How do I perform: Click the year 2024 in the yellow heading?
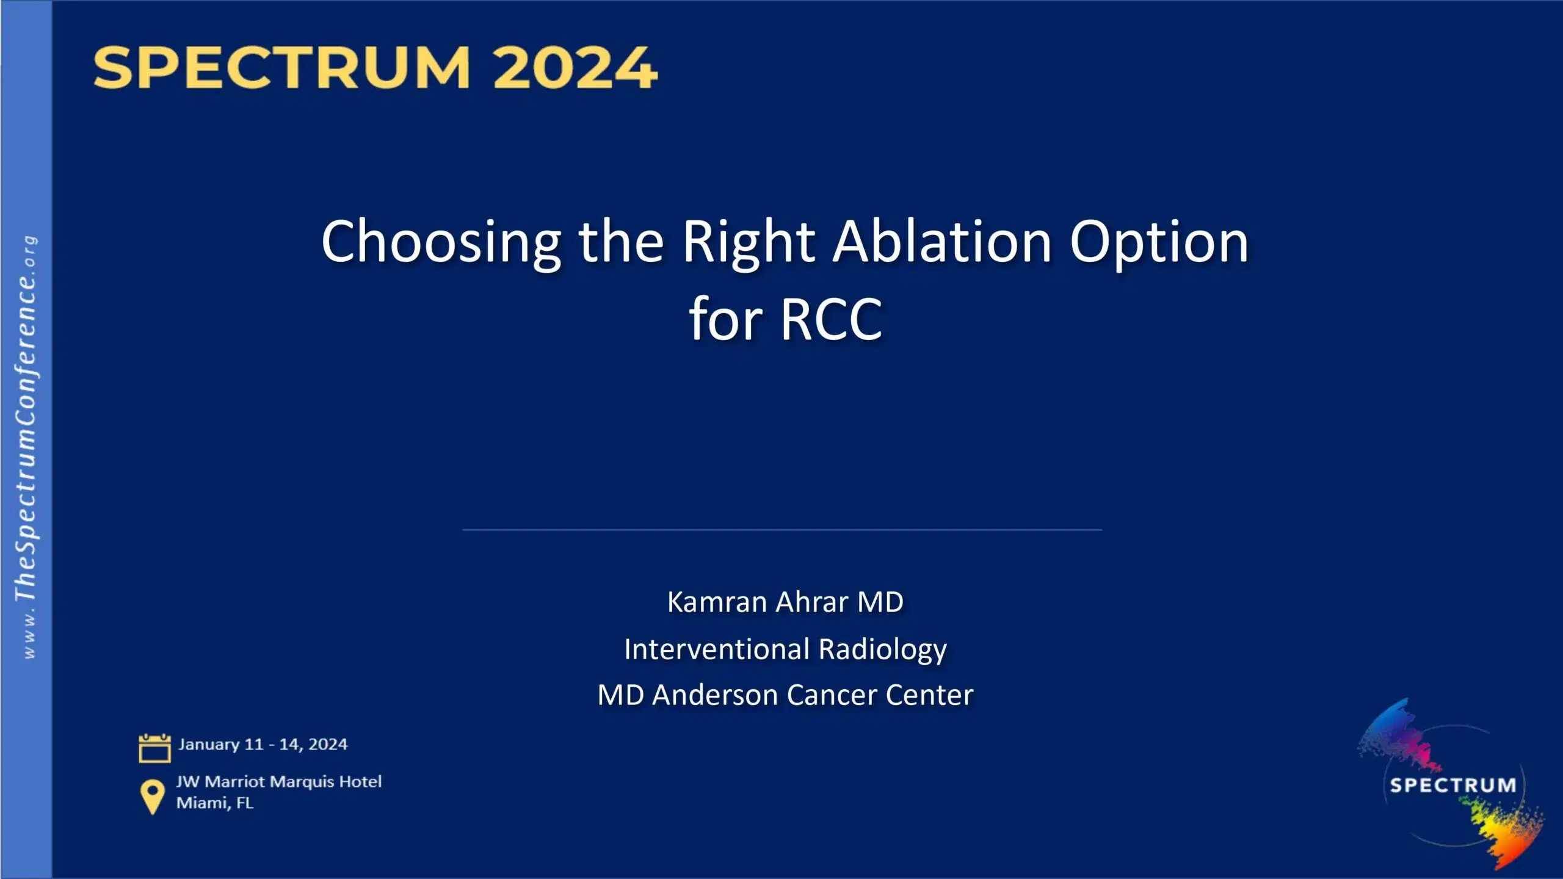click(x=575, y=68)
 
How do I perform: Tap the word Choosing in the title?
click(x=441, y=242)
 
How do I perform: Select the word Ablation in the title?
click(x=943, y=242)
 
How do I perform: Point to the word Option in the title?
click(x=1159, y=242)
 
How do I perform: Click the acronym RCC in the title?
click(x=832, y=320)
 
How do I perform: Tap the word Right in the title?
click(x=749, y=242)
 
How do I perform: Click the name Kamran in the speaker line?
click(x=718, y=602)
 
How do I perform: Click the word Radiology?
click(x=883, y=649)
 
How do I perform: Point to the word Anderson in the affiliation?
click(x=716, y=695)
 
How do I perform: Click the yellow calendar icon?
click(x=154, y=748)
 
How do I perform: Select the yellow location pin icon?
click(x=152, y=796)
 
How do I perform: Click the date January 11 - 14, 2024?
click(x=263, y=745)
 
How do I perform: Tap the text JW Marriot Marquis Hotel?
click(x=279, y=782)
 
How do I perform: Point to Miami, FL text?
click(x=215, y=803)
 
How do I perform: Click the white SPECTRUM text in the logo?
click(x=1453, y=785)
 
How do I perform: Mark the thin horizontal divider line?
click(x=781, y=530)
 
